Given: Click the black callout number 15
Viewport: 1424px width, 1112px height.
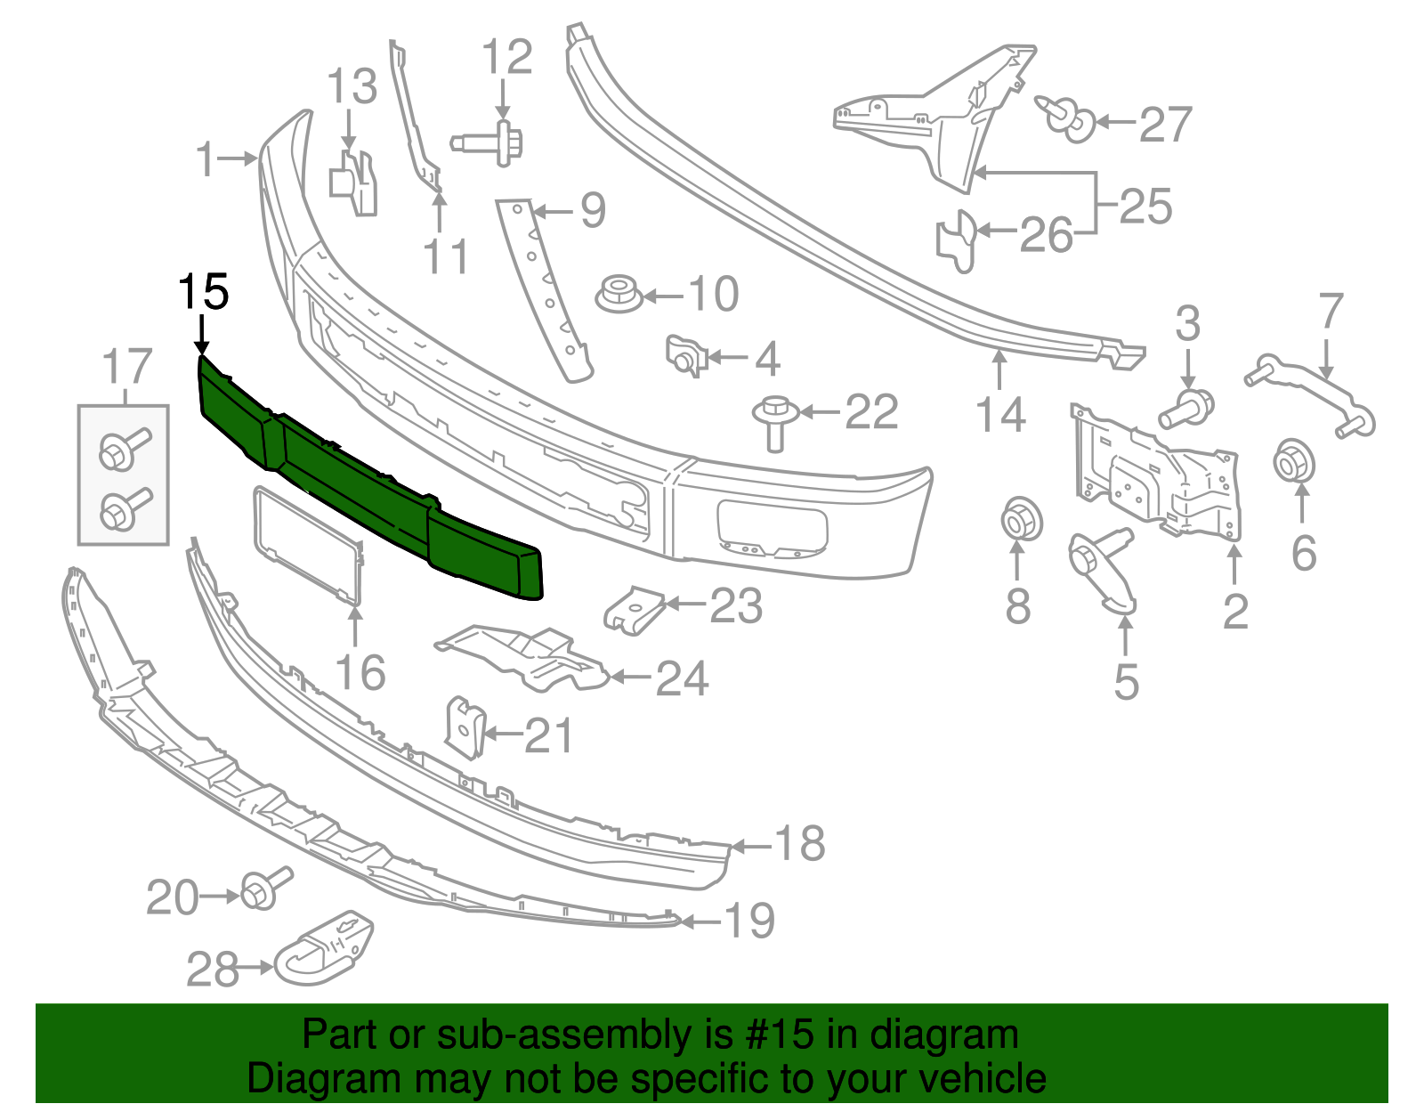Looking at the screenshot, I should click(x=204, y=291).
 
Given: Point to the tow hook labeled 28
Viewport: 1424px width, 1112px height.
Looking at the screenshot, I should click(x=322, y=946).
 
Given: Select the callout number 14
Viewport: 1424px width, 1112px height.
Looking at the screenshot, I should click(x=1000, y=415).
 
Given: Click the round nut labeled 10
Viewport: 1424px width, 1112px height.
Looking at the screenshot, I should click(x=617, y=294).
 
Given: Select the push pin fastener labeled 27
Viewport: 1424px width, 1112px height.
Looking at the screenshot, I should click(x=1066, y=118).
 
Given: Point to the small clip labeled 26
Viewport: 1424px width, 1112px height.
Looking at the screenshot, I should click(x=957, y=239).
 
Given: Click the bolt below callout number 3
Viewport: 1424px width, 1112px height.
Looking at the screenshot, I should click(x=1185, y=410).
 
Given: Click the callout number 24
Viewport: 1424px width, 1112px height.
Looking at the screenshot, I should click(x=682, y=678).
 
